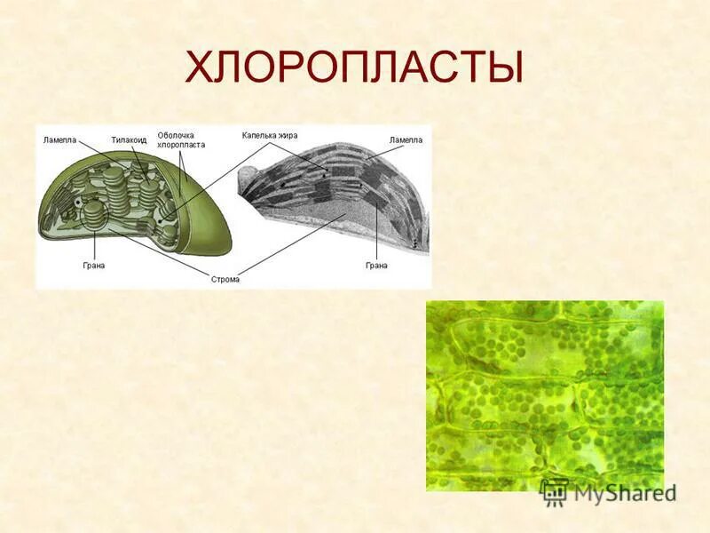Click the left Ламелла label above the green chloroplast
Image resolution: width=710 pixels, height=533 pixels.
tap(60, 140)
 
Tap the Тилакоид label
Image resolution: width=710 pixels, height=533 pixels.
tap(129, 140)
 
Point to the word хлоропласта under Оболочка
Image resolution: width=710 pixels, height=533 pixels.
tap(181, 145)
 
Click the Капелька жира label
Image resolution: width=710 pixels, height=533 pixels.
tap(270, 135)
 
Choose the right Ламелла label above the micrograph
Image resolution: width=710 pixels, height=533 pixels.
tap(406, 140)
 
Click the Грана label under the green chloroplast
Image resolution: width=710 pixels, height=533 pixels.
tap(93, 265)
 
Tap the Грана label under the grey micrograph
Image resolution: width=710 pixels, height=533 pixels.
tap(376, 265)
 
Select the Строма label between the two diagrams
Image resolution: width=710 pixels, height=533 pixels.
tap(225, 279)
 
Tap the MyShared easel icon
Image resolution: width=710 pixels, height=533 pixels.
tap(554, 492)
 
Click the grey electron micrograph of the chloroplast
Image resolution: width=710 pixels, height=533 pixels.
tap(337, 204)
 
